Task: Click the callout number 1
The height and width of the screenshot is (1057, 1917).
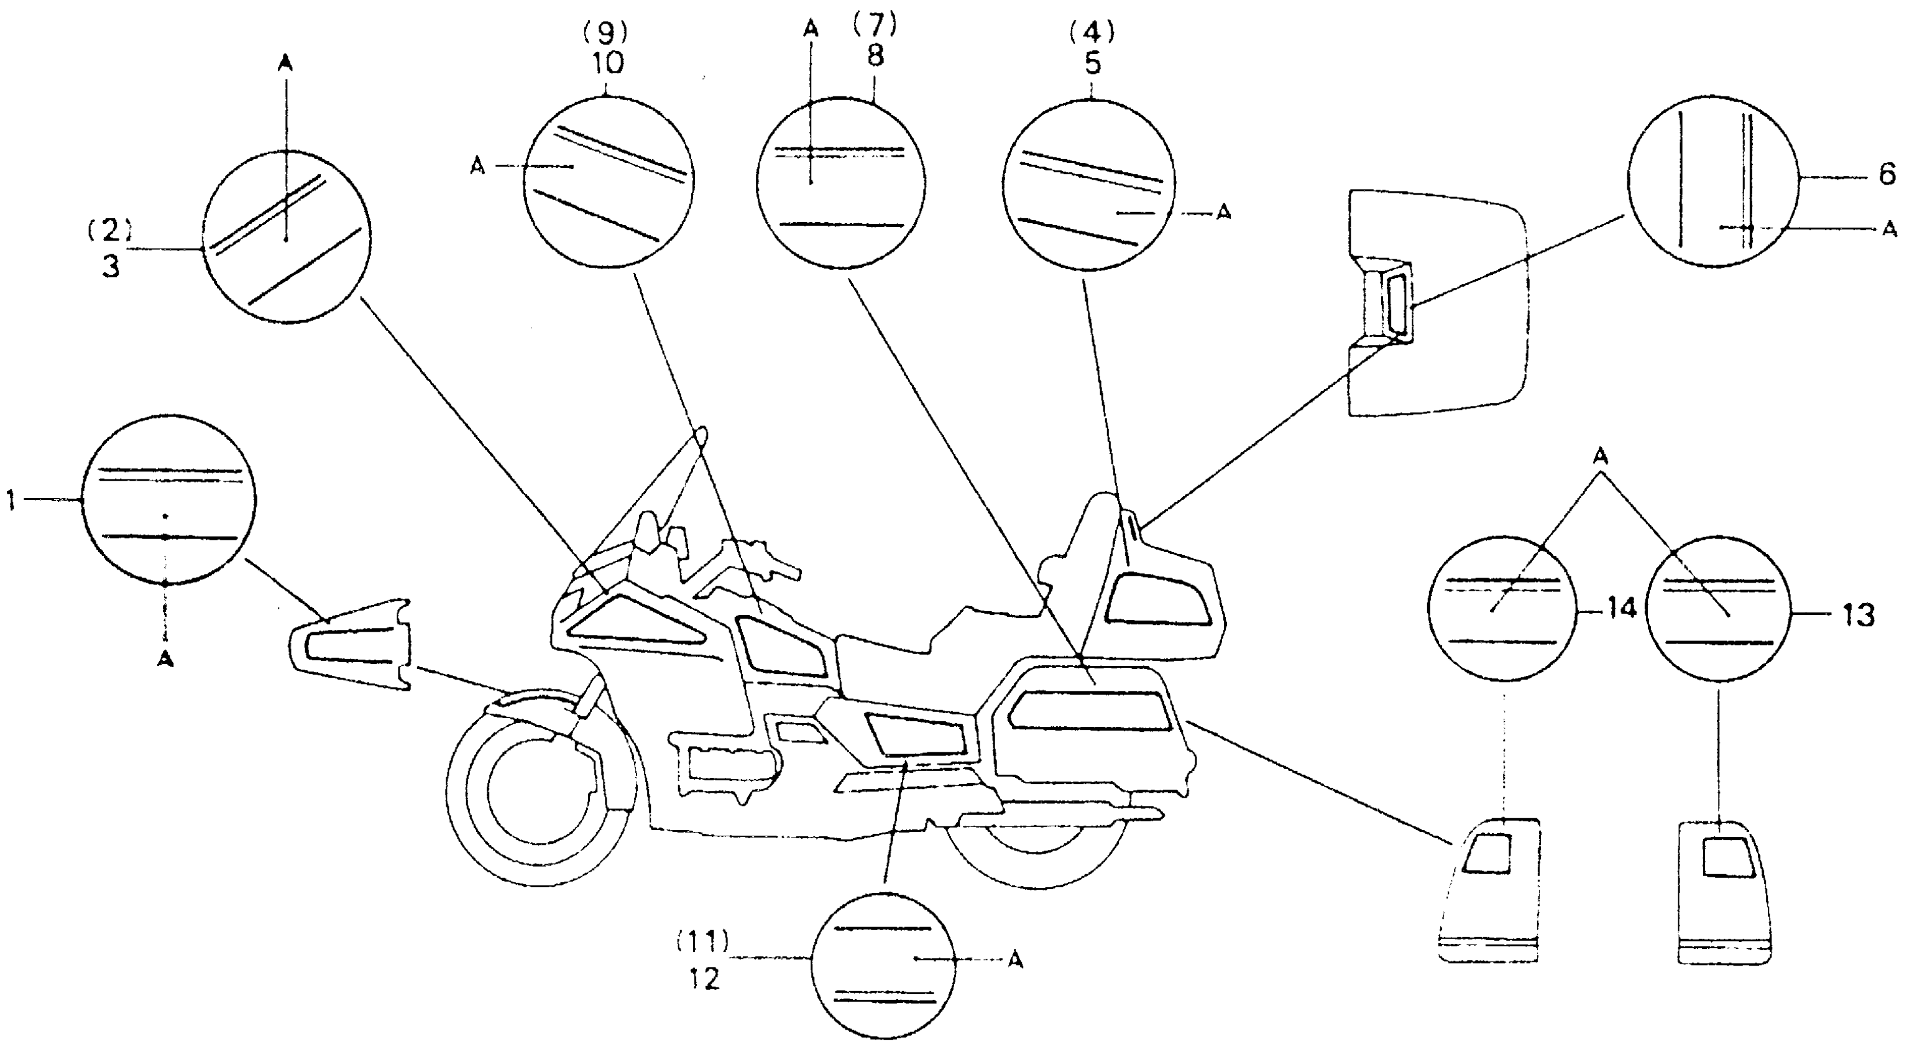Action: click(x=11, y=501)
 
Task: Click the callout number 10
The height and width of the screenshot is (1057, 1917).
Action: click(x=608, y=63)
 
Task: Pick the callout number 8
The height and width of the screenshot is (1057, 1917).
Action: click(x=875, y=55)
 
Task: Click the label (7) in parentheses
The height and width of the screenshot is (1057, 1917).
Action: click(x=875, y=25)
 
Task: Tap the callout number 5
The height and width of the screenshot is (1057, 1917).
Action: click(x=1092, y=63)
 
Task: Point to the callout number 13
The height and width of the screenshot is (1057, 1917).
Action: click(x=1858, y=615)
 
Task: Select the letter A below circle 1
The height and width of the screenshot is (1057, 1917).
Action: click(x=165, y=659)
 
